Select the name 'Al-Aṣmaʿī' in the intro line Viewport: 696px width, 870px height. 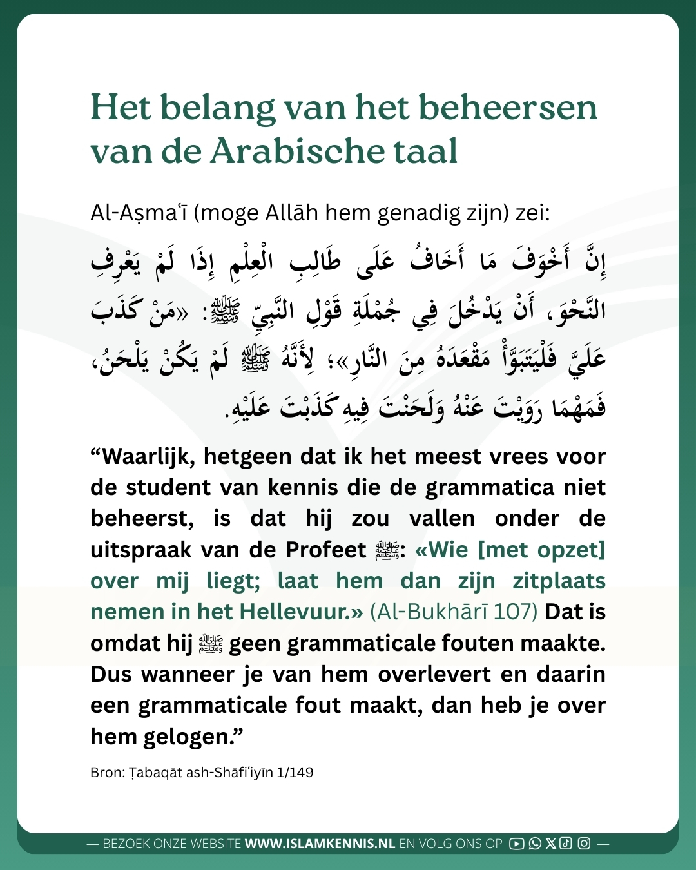(x=138, y=213)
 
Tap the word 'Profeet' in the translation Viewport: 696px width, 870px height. (x=325, y=550)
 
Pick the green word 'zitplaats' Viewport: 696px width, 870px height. (x=559, y=581)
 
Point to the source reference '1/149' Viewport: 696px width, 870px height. (x=295, y=772)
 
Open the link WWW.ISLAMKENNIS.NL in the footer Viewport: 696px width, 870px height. (x=320, y=844)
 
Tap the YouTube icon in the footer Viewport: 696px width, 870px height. (x=516, y=844)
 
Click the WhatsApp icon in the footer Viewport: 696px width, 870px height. (x=534, y=844)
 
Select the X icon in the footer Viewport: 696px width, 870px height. (x=550, y=844)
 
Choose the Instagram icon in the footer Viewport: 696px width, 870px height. (x=584, y=844)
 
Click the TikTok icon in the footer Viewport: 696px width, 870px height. (x=566, y=844)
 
